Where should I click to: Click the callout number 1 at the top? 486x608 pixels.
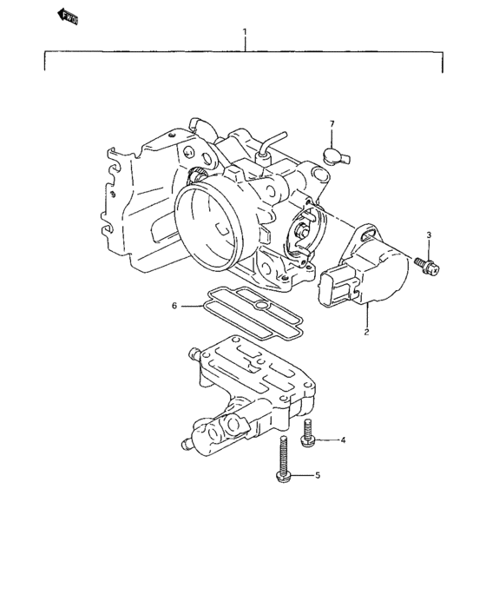point(245,32)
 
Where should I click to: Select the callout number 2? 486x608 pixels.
point(366,332)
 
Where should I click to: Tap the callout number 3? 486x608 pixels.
point(428,236)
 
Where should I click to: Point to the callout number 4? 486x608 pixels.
point(343,441)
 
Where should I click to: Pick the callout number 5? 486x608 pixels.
point(317,475)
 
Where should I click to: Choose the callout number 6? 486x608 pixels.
point(174,306)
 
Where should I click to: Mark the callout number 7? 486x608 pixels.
point(332,124)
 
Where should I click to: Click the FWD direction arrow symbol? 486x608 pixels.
point(67,15)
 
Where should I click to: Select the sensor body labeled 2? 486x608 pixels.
point(382,274)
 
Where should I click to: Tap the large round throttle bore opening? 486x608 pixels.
point(208,221)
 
